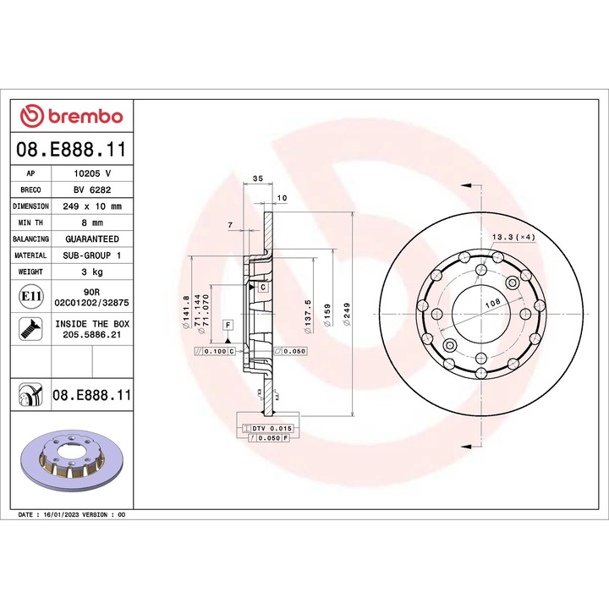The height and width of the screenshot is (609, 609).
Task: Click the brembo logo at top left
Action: tap(71, 115)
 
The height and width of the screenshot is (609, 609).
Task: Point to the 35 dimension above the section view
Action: tap(259, 178)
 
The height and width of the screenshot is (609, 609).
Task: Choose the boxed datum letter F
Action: tap(228, 325)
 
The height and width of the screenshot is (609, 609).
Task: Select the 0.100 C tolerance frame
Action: tap(215, 350)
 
